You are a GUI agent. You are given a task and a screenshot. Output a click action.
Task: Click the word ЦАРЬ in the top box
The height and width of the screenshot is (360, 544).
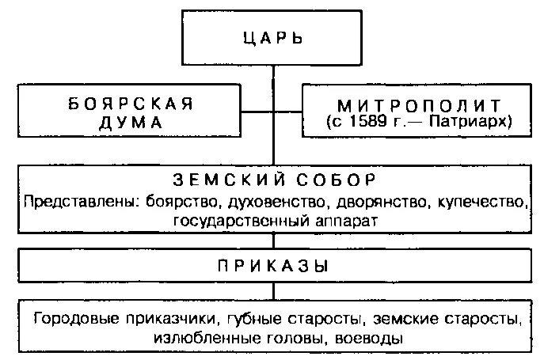click(274, 38)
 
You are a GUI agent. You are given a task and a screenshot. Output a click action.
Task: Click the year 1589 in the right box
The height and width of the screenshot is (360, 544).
click(372, 122)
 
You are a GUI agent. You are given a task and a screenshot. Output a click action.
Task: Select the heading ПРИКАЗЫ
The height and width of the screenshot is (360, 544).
click(274, 264)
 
